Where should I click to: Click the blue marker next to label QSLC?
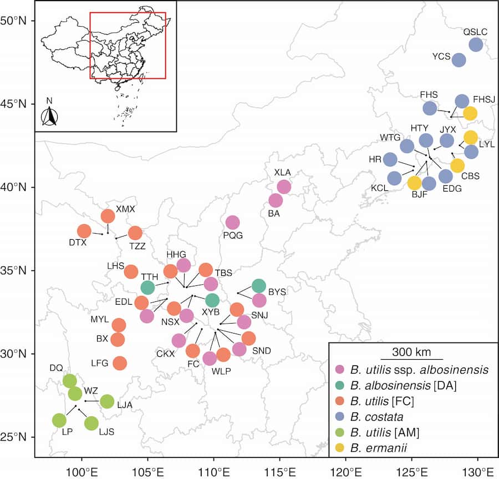(476, 44)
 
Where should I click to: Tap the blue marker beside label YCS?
(459, 60)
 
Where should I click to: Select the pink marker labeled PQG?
(232, 222)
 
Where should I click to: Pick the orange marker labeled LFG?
(120, 363)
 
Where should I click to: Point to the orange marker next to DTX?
(84, 231)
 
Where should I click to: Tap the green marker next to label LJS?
(91, 423)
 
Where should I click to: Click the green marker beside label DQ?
(69, 381)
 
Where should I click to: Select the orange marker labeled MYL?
(119, 325)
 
